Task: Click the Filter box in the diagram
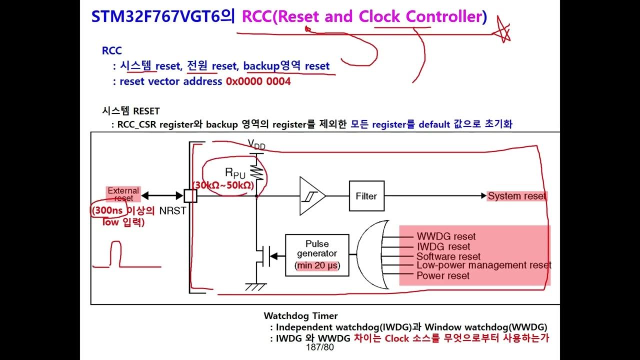[366, 196]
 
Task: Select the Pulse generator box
[317, 254]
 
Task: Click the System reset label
[517, 196]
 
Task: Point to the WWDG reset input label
[446, 236]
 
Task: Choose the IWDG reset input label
[443, 246]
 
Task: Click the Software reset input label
[448, 256]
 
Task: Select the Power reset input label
[443, 275]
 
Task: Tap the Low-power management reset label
[483, 265]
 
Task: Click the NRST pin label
[172, 211]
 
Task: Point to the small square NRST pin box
[191, 196]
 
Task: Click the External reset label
[123, 194]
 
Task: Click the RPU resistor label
[235, 173]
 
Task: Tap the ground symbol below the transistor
[256, 286]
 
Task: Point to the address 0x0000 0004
[258, 81]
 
